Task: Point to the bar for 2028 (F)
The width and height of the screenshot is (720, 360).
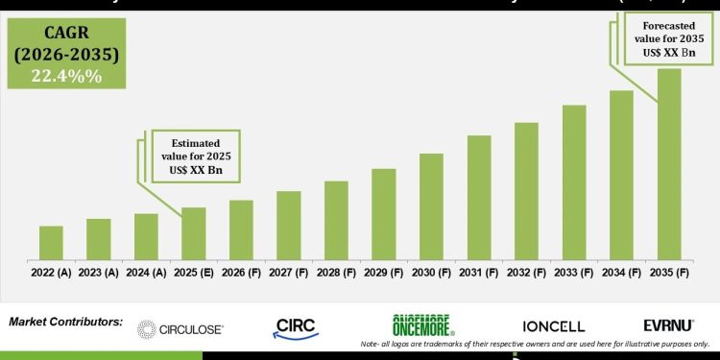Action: click(x=336, y=220)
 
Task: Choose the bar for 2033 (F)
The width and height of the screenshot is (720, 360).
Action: click(x=574, y=181)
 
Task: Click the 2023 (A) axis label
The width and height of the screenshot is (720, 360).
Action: click(x=99, y=273)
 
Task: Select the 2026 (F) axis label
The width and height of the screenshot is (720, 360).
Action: click(x=241, y=273)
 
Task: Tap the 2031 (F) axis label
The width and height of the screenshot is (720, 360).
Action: click(x=479, y=273)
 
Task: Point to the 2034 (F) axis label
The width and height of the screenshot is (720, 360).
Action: click(x=621, y=273)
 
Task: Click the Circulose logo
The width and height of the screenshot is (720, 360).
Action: click(x=180, y=329)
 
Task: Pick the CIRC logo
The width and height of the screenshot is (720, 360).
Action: click(x=295, y=327)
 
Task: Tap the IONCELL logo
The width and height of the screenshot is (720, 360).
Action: click(x=553, y=327)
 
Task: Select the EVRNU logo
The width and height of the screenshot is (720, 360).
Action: click(x=668, y=326)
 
